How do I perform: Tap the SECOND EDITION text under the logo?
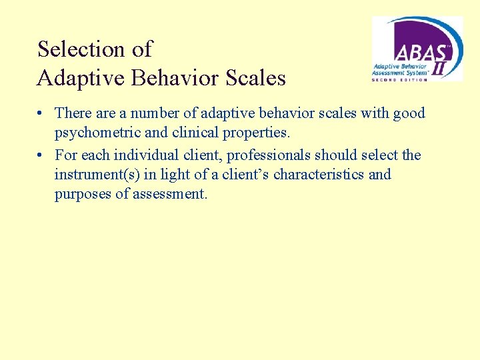tap(400, 80)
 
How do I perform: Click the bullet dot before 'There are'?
tap(42, 114)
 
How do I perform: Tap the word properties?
tap(257, 133)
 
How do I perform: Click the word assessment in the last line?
tap(173, 195)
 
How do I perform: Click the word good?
tap(409, 113)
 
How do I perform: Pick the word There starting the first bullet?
tap(73, 113)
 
